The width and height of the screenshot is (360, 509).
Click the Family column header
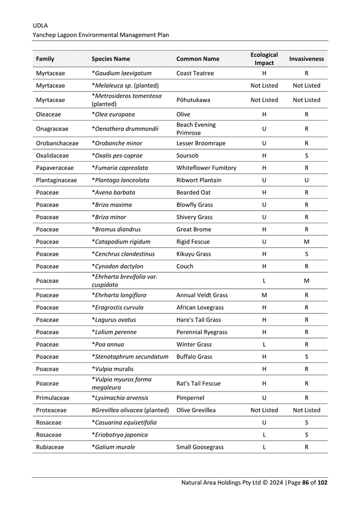pyautogui.click(x=45, y=59)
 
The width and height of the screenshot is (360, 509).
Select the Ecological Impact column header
pyautogui.click(x=264, y=59)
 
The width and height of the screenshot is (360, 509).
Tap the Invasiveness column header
pyautogui.click(x=306, y=59)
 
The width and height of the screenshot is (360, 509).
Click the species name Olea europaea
pyautogui.click(x=113, y=114)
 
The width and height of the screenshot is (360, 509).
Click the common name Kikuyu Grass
pyautogui.click(x=194, y=254)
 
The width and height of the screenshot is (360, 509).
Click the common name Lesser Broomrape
pyautogui.click(x=201, y=143)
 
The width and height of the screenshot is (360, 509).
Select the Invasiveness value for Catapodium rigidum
pyautogui.click(x=306, y=242)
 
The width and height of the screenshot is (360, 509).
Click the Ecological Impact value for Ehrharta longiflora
pyautogui.click(x=264, y=295)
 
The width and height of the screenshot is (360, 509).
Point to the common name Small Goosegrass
pyautogui.click(x=200, y=447)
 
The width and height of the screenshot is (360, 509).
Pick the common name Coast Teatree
pyautogui.click(x=195, y=74)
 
